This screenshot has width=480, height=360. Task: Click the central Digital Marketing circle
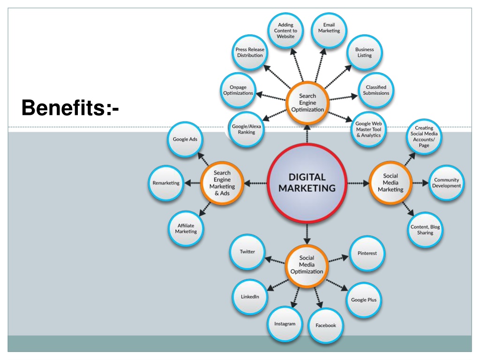[x=307, y=183]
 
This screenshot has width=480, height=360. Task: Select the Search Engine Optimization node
[x=307, y=103]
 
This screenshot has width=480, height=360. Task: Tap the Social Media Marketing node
[x=390, y=183]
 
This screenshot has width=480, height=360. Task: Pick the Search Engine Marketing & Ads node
[x=222, y=183]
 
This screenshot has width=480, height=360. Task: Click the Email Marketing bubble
[x=329, y=30]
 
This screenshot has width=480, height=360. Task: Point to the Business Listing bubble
[x=364, y=52]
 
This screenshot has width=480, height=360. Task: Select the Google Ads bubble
[x=185, y=139]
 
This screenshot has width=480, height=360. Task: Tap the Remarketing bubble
[x=166, y=183]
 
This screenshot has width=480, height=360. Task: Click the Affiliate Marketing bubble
[x=186, y=228]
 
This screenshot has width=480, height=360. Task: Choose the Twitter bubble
[x=247, y=252]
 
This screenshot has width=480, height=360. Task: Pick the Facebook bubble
[x=325, y=325]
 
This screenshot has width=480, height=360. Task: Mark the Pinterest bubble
[x=367, y=253]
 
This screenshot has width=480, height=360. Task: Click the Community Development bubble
[x=446, y=183]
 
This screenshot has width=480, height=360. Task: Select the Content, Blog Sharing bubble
[x=425, y=230]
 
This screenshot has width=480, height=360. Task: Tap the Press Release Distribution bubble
[x=250, y=52]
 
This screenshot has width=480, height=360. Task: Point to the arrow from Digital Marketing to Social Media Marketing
[x=358, y=183]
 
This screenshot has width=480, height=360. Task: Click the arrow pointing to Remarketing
[x=193, y=183]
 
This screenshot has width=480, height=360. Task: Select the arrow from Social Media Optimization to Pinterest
[x=338, y=259]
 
